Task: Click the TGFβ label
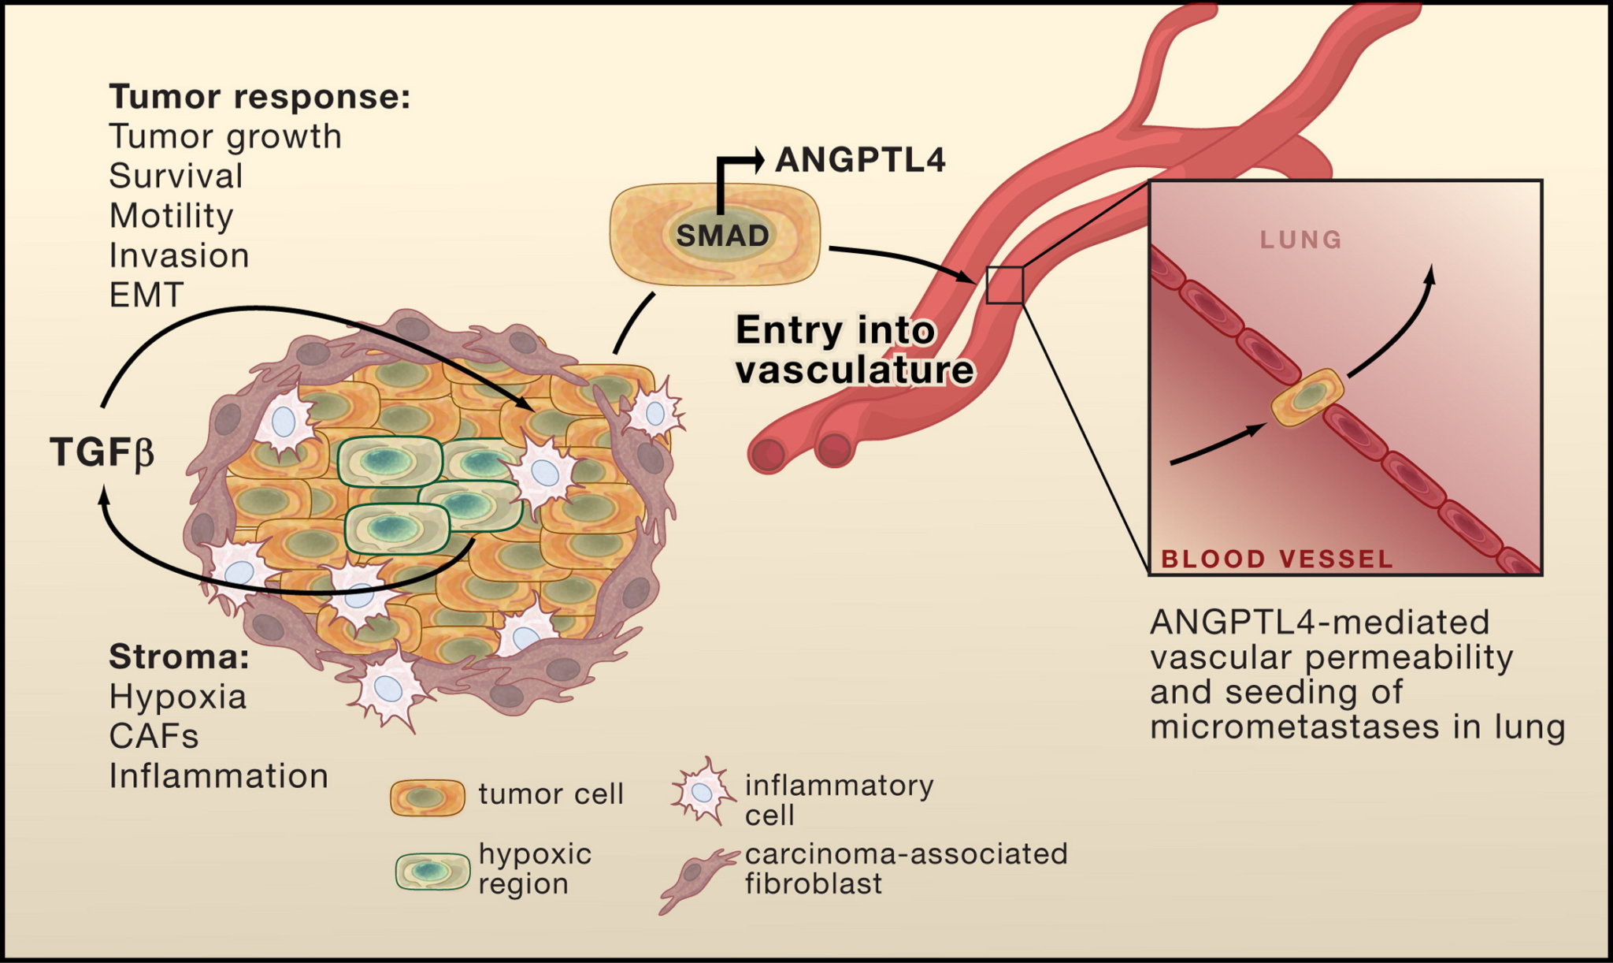click(102, 452)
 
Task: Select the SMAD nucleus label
click(722, 235)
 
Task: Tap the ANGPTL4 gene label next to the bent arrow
click(860, 160)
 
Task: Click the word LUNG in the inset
click(1301, 240)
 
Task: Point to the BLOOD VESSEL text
click(1277, 559)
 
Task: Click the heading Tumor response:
click(260, 97)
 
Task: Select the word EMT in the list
click(146, 295)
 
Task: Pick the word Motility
click(171, 216)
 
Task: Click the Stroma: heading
click(179, 656)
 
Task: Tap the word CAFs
click(154, 736)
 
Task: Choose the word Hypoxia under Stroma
click(178, 697)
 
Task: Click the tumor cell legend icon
click(428, 798)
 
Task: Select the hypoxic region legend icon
click(432, 871)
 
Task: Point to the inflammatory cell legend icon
click(699, 792)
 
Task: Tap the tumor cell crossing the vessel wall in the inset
click(1307, 397)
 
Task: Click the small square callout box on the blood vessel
click(1005, 284)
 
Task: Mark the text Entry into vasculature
click(855, 350)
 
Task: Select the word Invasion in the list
click(179, 255)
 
